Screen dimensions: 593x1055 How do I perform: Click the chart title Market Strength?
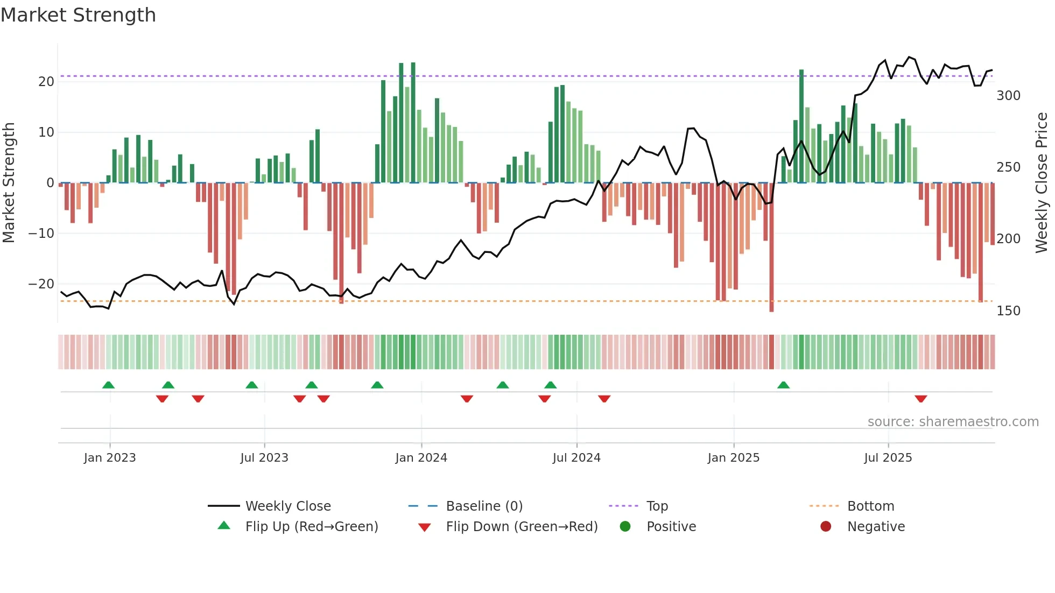click(78, 15)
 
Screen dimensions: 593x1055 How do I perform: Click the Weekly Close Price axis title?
click(1042, 182)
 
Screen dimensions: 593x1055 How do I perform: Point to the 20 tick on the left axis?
click(46, 82)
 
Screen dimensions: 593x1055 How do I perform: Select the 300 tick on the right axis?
click(1008, 96)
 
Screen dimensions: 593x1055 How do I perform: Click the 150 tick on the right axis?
click(1008, 311)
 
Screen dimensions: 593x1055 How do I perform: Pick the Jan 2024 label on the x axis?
click(421, 458)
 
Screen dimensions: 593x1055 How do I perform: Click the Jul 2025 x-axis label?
click(888, 458)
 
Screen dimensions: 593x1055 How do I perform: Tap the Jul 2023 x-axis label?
click(264, 458)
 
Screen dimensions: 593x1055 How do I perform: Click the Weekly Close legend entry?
click(288, 506)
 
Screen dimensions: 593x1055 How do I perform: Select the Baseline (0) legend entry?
click(484, 506)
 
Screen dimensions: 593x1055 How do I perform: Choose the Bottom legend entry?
click(870, 506)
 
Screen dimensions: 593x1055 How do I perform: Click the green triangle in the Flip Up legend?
click(224, 526)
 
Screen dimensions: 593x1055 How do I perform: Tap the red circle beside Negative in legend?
click(825, 526)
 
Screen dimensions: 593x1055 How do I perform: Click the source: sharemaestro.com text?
click(953, 422)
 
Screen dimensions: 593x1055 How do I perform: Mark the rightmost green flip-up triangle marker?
click(783, 385)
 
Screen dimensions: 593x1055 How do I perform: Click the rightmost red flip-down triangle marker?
click(920, 399)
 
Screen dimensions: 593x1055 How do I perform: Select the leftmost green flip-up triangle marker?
click(108, 385)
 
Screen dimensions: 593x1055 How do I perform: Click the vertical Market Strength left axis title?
click(9, 182)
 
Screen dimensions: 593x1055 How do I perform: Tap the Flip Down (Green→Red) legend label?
click(522, 527)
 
